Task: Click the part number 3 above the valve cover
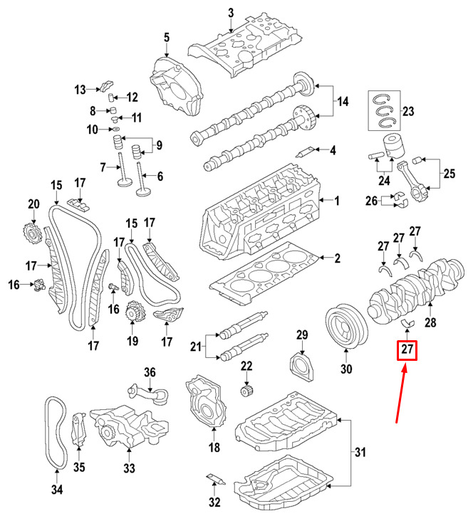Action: coord(231,12)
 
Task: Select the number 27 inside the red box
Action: coord(407,350)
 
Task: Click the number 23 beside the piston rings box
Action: coord(407,111)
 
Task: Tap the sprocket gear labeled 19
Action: coord(132,313)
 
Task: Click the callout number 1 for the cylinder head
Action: coord(338,201)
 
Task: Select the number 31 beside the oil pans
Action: coord(360,451)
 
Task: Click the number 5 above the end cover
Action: coord(166,37)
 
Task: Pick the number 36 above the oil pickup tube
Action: coord(149,372)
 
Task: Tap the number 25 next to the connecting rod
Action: coord(449,173)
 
